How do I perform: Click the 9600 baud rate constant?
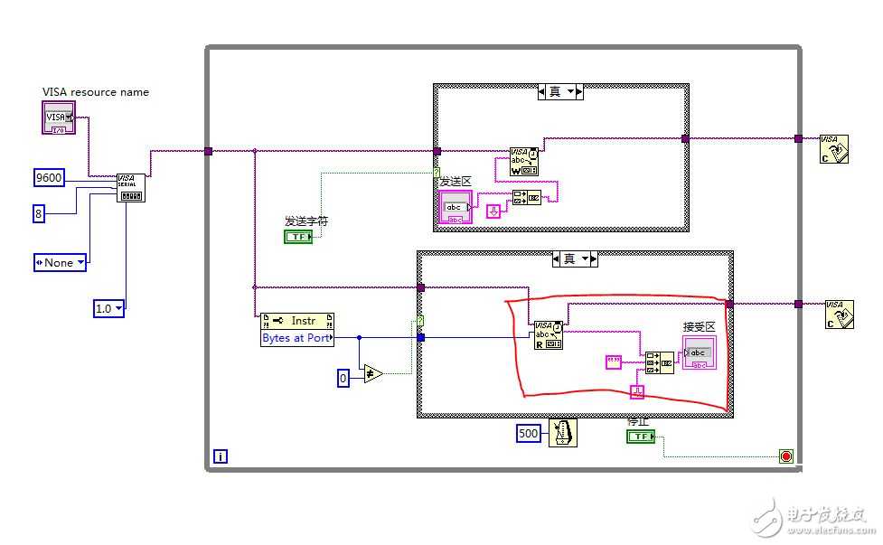coord(49,178)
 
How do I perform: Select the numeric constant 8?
coord(39,214)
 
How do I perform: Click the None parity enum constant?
coord(61,262)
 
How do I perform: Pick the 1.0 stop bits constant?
coord(108,308)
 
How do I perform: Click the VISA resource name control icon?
coord(59,117)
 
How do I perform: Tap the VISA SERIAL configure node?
coord(130,187)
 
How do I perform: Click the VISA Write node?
coord(524,162)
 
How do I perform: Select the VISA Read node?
coord(549,334)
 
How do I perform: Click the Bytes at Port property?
coord(296,338)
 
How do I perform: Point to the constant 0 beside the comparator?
coord(343,379)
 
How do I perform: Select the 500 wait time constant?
coord(530,434)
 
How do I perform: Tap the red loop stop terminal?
coord(785,456)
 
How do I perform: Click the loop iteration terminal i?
coord(221,456)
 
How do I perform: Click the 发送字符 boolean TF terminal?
coord(297,237)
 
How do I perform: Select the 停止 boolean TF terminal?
coord(640,437)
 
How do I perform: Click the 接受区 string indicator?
coord(700,352)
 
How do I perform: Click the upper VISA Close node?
coord(834,148)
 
